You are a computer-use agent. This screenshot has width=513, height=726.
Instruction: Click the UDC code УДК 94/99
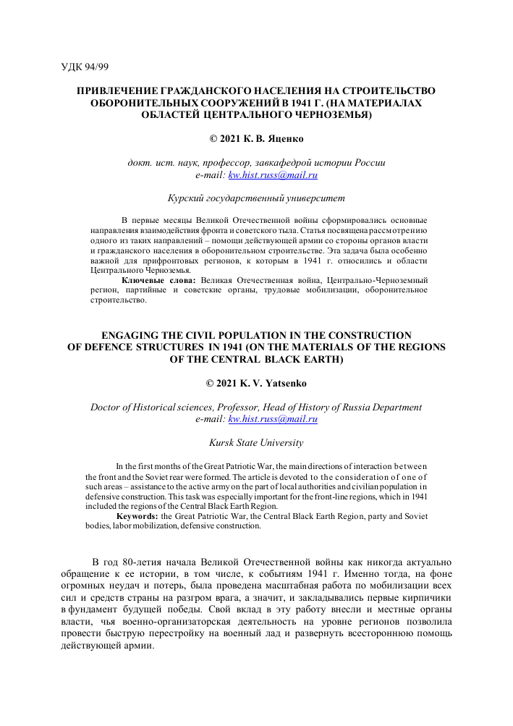click(85, 67)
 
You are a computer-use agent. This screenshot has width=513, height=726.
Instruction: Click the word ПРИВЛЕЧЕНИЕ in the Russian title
click(119, 92)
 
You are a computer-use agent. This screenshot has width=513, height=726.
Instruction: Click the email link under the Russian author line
click(273, 174)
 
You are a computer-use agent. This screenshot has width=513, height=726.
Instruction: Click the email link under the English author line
click(273, 418)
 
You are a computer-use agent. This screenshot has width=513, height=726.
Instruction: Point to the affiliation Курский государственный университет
click(256, 198)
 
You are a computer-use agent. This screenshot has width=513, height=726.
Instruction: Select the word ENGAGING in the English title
click(135, 335)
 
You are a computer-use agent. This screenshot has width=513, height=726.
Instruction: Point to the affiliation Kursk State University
click(256, 442)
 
